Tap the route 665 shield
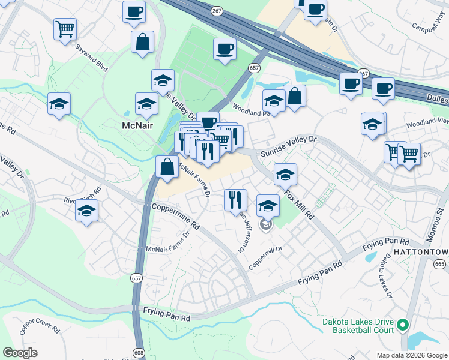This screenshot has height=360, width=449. point(440,264)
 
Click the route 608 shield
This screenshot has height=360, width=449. point(139,354)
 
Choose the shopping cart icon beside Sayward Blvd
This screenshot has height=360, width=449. point(65,29)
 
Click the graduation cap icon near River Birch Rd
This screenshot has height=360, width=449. point(87,211)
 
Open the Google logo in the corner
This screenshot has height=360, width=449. point(20,353)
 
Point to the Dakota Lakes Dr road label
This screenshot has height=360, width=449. point(384,277)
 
